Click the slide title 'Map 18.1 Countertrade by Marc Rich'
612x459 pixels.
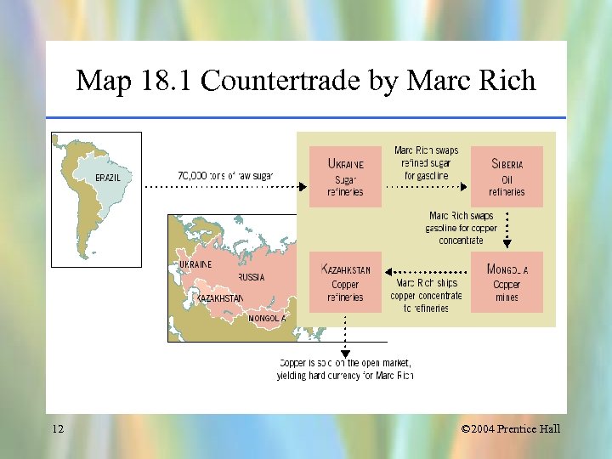click(306, 81)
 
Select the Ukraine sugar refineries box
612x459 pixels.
click(345, 177)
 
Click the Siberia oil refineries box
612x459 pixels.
click(507, 177)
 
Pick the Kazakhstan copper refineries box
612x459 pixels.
click(345, 283)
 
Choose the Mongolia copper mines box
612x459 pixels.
click(507, 283)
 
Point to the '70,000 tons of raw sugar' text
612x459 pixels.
click(225, 175)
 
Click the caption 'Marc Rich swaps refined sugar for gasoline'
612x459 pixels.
click(426, 163)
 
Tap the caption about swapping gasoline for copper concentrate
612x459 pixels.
click(461, 228)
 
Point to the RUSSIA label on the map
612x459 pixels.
click(251, 277)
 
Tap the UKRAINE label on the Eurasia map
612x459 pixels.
click(195, 264)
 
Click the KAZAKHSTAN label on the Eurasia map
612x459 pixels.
click(219, 298)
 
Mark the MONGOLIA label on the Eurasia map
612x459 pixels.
click(267, 318)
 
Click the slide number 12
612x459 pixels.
click(57, 428)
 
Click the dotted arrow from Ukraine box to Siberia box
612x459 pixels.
click(427, 185)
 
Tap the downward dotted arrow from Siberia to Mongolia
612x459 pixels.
click(507, 228)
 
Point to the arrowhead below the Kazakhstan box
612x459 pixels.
click(345, 353)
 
